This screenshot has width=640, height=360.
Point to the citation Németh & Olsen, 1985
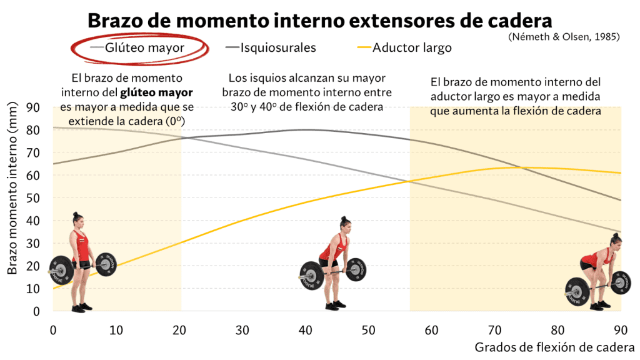(564, 36)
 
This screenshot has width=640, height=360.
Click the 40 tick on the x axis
(305, 329)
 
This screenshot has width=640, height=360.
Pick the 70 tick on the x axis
(494, 329)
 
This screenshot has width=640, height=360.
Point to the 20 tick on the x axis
(179, 329)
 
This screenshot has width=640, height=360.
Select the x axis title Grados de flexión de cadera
(554, 347)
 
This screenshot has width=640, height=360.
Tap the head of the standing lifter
(77, 218)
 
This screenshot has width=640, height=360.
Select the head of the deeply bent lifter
(615, 241)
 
